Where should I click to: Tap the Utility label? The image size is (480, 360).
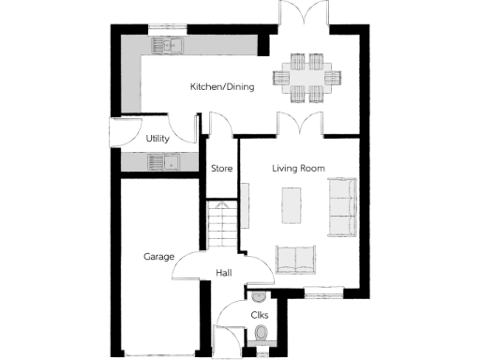coord(157,139)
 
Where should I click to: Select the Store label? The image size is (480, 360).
coord(221,169)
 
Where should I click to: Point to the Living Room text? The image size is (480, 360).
coord(298,169)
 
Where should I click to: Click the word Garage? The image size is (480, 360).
coord(159,256)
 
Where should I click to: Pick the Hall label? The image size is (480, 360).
coord(224,273)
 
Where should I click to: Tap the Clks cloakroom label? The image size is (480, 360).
coord(260,315)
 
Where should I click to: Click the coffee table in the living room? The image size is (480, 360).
coord(292,206)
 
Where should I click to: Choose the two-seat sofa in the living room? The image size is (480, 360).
coord(296,258)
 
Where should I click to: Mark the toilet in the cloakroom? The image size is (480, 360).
coord(260,334)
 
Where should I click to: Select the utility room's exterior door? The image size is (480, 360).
coord(121,133)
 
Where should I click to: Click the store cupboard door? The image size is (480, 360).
coord(219,125)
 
